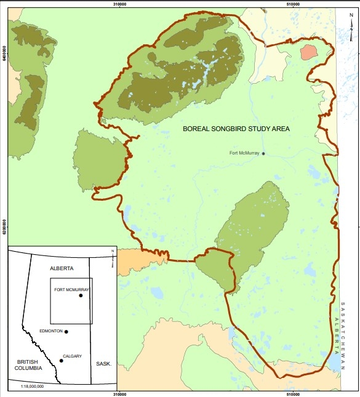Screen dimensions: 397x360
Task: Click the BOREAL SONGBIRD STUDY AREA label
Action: pos(236,129)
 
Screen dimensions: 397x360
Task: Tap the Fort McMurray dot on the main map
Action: pos(263,153)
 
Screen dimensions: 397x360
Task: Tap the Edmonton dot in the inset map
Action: pos(66,332)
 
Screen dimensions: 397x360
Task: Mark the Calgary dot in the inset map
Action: pos(61,361)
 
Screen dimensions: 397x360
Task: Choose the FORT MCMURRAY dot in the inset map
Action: pos(81,295)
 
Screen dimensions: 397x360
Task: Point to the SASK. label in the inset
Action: pos(103,364)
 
